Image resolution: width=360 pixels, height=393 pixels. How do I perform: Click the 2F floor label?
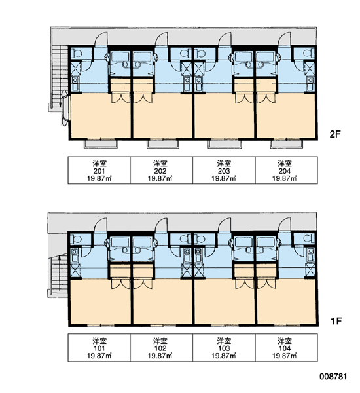[x=335, y=134]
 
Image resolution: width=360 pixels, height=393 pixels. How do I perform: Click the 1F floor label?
[x=336, y=321]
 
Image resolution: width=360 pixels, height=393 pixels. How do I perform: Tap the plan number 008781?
[x=333, y=377]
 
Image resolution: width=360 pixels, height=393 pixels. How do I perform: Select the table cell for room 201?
[x=99, y=170]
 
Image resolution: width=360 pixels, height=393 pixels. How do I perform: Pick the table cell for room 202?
[x=162, y=170]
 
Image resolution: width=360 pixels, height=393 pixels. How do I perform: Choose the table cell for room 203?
[x=224, y=170]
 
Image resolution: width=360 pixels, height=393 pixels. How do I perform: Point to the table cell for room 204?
[x=286, y=170]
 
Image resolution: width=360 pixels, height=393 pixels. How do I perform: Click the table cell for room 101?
[x=99, y=348]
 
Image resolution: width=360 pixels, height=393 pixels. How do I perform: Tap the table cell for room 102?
[x=162, y=348]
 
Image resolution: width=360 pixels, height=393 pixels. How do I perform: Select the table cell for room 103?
[x=224, y=348]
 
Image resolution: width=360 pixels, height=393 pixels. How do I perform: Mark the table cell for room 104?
[x=286, y=348]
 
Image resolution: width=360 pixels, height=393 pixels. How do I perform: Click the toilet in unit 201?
[x=76, y=54]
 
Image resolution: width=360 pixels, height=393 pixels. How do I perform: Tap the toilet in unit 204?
[x=309, y=53]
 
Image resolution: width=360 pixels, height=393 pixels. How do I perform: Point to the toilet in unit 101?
[x=76, y=239]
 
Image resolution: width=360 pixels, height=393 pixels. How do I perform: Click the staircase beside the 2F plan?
[x=58, y=78]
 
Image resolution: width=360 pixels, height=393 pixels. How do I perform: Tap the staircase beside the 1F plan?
[x=58, y=275]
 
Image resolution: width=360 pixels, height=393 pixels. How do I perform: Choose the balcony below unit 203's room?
[x=225, y=144]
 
